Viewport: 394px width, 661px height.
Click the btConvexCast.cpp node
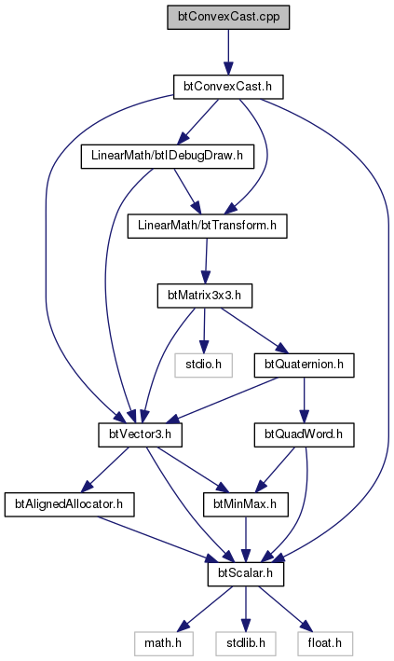(228, 18)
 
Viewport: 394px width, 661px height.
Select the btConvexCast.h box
(228, 87)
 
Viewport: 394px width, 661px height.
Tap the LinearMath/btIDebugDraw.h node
(168, 156)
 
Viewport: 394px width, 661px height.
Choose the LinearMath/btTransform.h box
(208, 226)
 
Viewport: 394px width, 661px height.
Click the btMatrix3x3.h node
(204, 296)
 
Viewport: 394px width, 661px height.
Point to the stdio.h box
(204, 365)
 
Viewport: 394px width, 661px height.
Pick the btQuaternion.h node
(304, 365)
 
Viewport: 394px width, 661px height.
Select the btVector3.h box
(140, 434)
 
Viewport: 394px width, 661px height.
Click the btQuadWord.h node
(304, 434)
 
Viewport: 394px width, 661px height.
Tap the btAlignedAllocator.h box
(69, 503)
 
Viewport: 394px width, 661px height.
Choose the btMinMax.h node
(245, 503)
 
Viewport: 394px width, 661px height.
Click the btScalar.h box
(245, 573)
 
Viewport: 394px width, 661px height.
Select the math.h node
(163, 643)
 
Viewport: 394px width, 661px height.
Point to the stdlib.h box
(246, 643)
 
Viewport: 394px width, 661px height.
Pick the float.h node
(325, 643)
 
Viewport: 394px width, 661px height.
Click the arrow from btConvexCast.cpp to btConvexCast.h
(228, 52)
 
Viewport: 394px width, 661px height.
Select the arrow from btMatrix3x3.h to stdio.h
(204, 330)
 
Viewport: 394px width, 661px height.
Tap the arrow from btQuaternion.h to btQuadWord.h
(304, 400)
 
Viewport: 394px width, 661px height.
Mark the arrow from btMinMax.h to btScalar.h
(245, 539)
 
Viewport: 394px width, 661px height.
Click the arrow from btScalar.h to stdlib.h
(246, 608)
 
